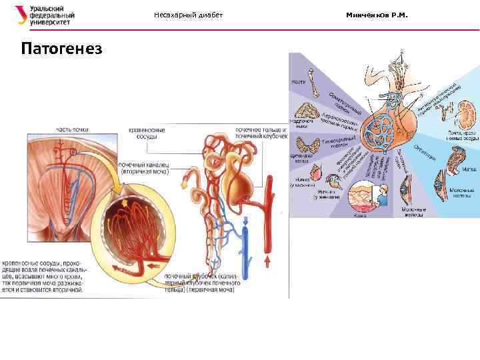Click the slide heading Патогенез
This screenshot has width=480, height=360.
pyautogui.click(x=61, y=49)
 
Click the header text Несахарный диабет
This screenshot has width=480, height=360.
pyautogui.click(x=188, y=15)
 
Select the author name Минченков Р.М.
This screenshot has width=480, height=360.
pyautogui.click(x=376, y=15)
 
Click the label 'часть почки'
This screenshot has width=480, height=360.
pyautogui.click(x=72, y=129)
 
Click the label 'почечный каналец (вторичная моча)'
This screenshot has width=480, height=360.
pyautogui.click(x=144, y=167)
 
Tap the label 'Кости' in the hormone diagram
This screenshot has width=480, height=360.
pyautogui.click(x=298, y=82)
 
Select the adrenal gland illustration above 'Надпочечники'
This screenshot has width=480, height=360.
pyautogui.click(x=308, y=109)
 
